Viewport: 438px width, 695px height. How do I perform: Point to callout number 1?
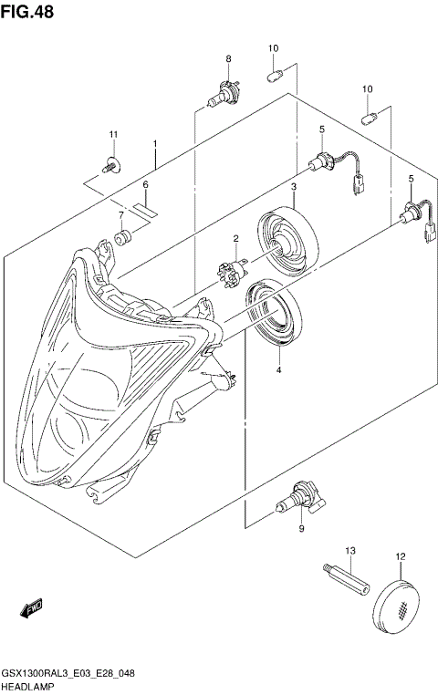pos(155,144)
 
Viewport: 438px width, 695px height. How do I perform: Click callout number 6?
pos(144,184)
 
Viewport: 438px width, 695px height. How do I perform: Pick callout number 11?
pos(114,135)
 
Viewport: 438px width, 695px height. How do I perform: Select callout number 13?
pos(349,552)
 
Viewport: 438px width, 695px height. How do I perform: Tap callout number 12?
pos(400,556)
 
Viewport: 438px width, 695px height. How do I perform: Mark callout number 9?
pos(300,528)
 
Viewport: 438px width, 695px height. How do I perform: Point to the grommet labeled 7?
pos(121,239)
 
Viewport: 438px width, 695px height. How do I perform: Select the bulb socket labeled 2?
pos(232,271)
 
